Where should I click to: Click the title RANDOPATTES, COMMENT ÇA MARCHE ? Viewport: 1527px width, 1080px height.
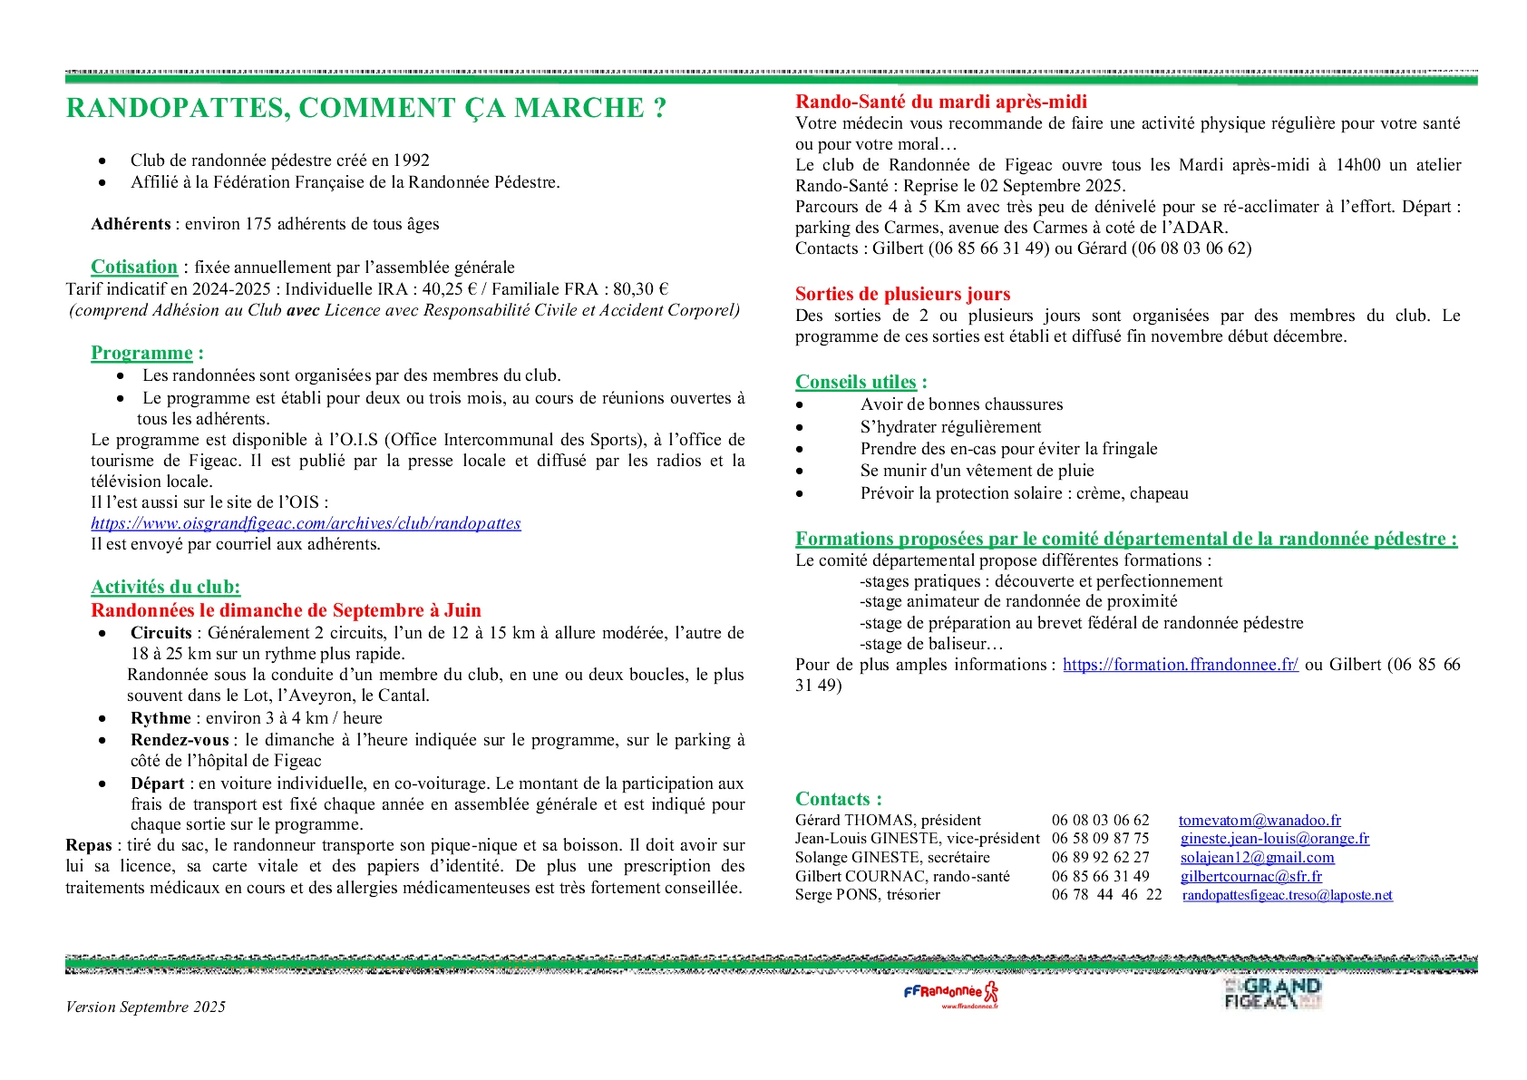(366, 108)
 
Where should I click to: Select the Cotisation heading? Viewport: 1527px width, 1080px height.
(134, 267)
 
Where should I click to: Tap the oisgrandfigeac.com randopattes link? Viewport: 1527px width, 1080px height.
(306, 523)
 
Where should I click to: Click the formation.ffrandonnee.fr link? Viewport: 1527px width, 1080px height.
(1180, 665)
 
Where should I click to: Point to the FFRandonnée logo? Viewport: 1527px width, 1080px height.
(951, 993)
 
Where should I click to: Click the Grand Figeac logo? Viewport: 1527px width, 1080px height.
(1272, 993)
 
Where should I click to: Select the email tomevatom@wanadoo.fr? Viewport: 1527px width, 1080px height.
(1260, 820)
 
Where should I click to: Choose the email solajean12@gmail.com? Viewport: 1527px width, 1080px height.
(1257, 857)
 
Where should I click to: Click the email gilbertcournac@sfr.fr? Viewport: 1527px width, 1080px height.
(1250, 876)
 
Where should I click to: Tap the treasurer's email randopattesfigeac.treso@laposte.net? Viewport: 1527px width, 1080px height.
(1287, 895)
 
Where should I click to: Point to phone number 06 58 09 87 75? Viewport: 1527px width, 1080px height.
(1100, 839)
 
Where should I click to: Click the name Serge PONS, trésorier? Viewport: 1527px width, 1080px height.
(867, 895)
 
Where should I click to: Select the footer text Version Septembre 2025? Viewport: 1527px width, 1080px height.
(145, 1007)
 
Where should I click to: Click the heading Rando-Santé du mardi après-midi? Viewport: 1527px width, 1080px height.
(940, 102)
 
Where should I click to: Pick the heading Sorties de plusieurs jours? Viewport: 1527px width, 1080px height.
(902, 294)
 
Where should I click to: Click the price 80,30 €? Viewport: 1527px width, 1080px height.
(639, 289)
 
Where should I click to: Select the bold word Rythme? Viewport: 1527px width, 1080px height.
(160, 718)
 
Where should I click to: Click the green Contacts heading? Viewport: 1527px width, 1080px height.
(838, 799)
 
